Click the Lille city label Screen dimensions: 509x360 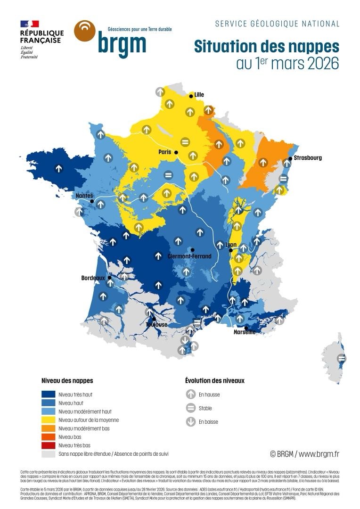(x=199, y=95)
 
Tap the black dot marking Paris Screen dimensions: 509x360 (x=176, y=153)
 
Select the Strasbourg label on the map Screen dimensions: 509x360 (x=308, y=158)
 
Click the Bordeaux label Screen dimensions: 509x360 (x=93, y=278)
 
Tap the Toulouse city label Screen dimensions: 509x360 (x=156, y=325)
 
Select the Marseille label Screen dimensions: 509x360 (x=245, y=332)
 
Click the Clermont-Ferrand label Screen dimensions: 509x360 (x=189, y=256)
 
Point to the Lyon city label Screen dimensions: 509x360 (x=231, y=245)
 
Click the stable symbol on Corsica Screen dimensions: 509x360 (x=342, y=359)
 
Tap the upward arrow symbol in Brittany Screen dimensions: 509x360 (x=59, y=168)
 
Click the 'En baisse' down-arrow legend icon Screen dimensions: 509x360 (x=191, y=422)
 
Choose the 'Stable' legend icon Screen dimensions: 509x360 (x=191, y=408)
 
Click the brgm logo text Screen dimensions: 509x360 (x=122, y=43)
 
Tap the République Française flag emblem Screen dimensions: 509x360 (x=29, y=24)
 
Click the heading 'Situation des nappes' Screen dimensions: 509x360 (x=266, y=47)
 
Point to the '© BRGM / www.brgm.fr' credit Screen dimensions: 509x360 (x=304, y=454)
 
